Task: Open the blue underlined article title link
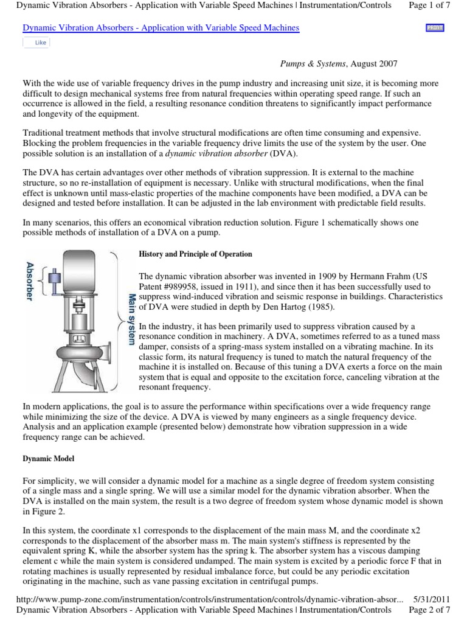click(161, 29)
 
